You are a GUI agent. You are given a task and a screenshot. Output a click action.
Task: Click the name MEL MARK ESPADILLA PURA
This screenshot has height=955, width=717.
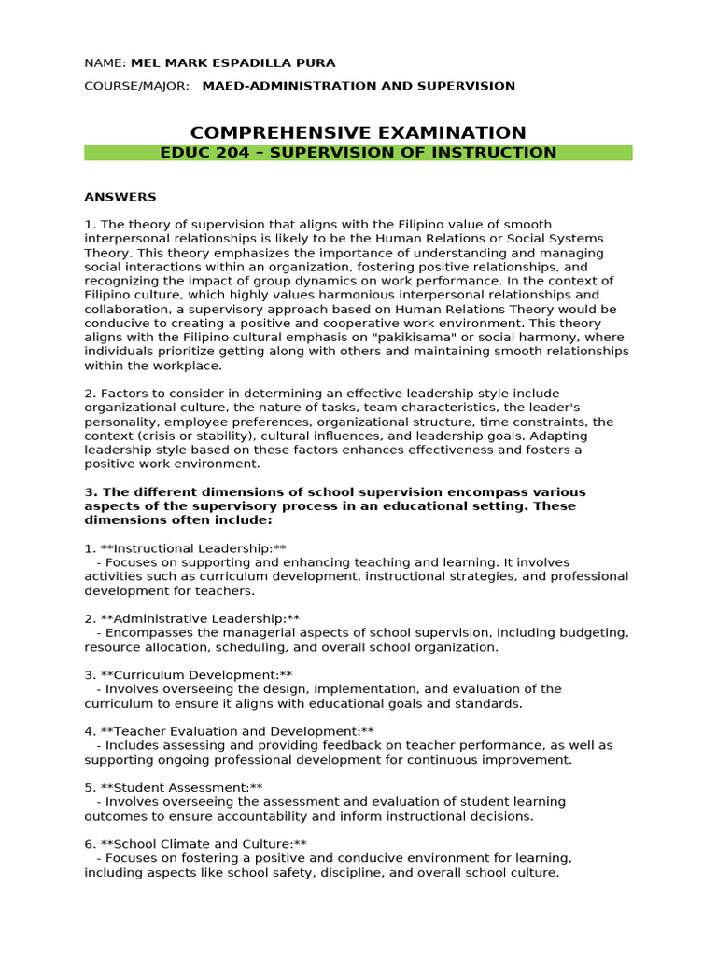click(x=232, y=62)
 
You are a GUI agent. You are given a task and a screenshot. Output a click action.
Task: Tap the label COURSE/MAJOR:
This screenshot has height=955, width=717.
click(x=136, y=86)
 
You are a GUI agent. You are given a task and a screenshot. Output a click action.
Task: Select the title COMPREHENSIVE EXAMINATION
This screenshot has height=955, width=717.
click(x=358, y=132)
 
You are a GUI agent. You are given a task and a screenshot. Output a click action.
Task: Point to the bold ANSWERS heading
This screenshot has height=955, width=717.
click(x=120, y=197)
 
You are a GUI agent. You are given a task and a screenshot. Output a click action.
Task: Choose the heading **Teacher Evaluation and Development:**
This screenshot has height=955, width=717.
click(x=237, y=731)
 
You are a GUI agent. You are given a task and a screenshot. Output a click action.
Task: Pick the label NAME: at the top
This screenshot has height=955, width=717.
click(x=105, y=62)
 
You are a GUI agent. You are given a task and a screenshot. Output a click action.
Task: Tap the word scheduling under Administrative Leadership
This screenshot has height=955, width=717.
click(x=278, y=647)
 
